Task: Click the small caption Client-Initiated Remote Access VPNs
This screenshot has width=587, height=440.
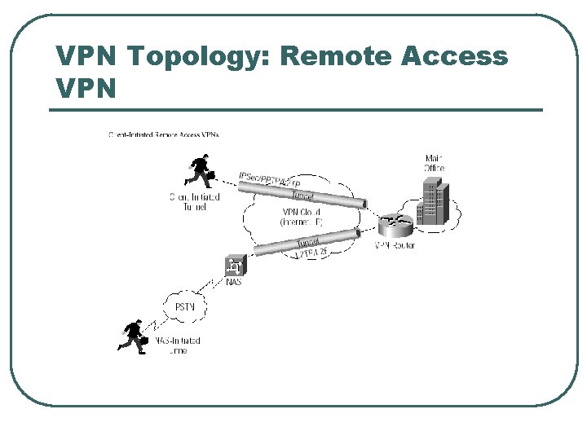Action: point(163,134)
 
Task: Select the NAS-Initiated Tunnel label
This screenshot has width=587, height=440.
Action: point(174,345)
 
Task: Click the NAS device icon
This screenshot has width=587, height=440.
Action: point(234,266)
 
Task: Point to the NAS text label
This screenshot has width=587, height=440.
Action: point(233,283)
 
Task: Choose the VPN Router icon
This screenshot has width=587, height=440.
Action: point(395,221)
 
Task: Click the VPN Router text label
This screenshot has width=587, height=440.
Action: point(395,245)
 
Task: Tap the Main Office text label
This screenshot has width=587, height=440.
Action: point(435,162)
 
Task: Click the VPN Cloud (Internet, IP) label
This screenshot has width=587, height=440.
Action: point(302,216)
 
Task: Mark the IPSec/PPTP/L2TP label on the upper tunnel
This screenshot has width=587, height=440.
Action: point(270,180)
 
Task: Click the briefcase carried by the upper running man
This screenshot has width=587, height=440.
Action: point(211,175)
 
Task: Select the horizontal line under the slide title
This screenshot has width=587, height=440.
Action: point(298,110)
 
